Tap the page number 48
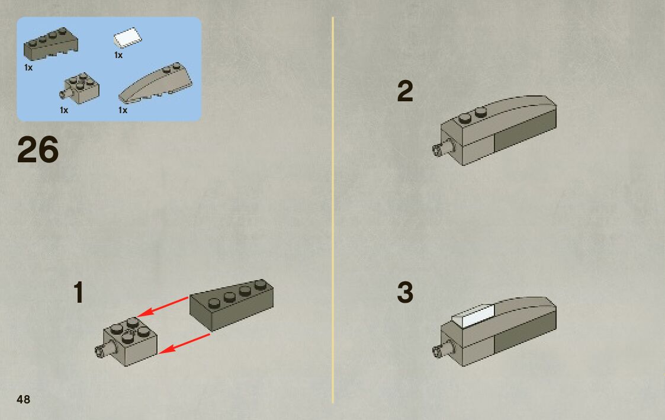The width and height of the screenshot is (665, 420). click(24, 399)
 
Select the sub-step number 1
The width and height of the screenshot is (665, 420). click(79, 293)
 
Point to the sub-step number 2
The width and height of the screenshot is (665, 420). click(405, 92)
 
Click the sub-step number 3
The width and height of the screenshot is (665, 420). click(405, 293)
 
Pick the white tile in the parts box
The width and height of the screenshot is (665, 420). click(127, 39)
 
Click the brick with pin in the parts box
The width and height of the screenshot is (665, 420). click(81, 88)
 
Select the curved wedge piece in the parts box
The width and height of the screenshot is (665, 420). click(156, 84)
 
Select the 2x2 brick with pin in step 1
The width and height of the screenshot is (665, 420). click(131, 341)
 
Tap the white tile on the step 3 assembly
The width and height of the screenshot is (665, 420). click(473, 317)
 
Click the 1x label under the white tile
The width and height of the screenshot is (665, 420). click(118, 55)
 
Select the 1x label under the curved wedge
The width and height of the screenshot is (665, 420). click(123, 110)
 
